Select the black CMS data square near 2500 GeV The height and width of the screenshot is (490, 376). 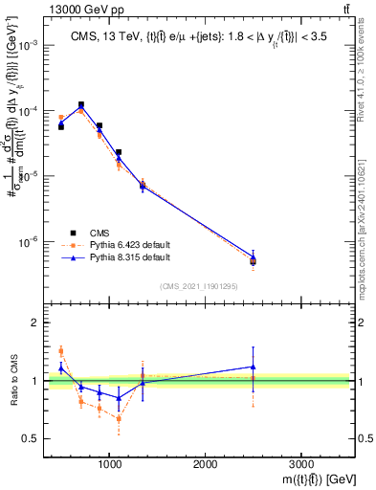pos(253,260)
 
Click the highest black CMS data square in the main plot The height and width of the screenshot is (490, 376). pos(80,104)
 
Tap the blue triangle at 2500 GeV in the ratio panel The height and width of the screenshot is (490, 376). pos(253,367)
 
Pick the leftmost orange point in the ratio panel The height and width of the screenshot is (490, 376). pos(61,351)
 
